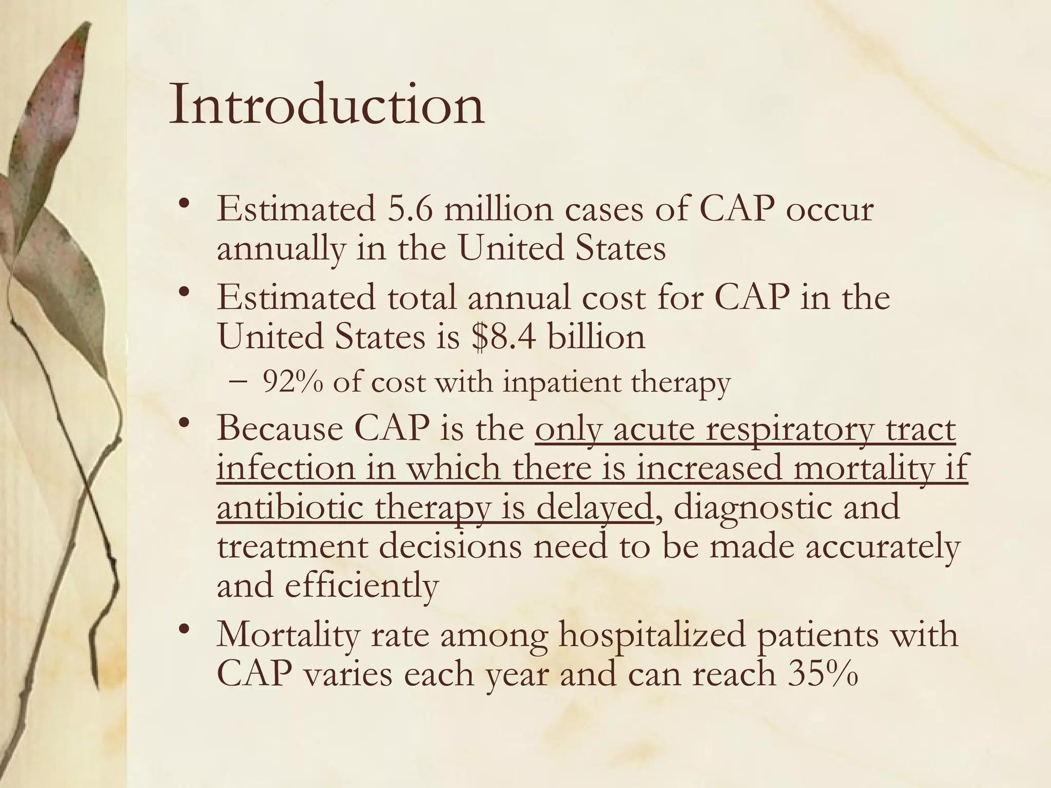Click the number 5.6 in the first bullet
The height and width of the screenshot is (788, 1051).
pos(410,210)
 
